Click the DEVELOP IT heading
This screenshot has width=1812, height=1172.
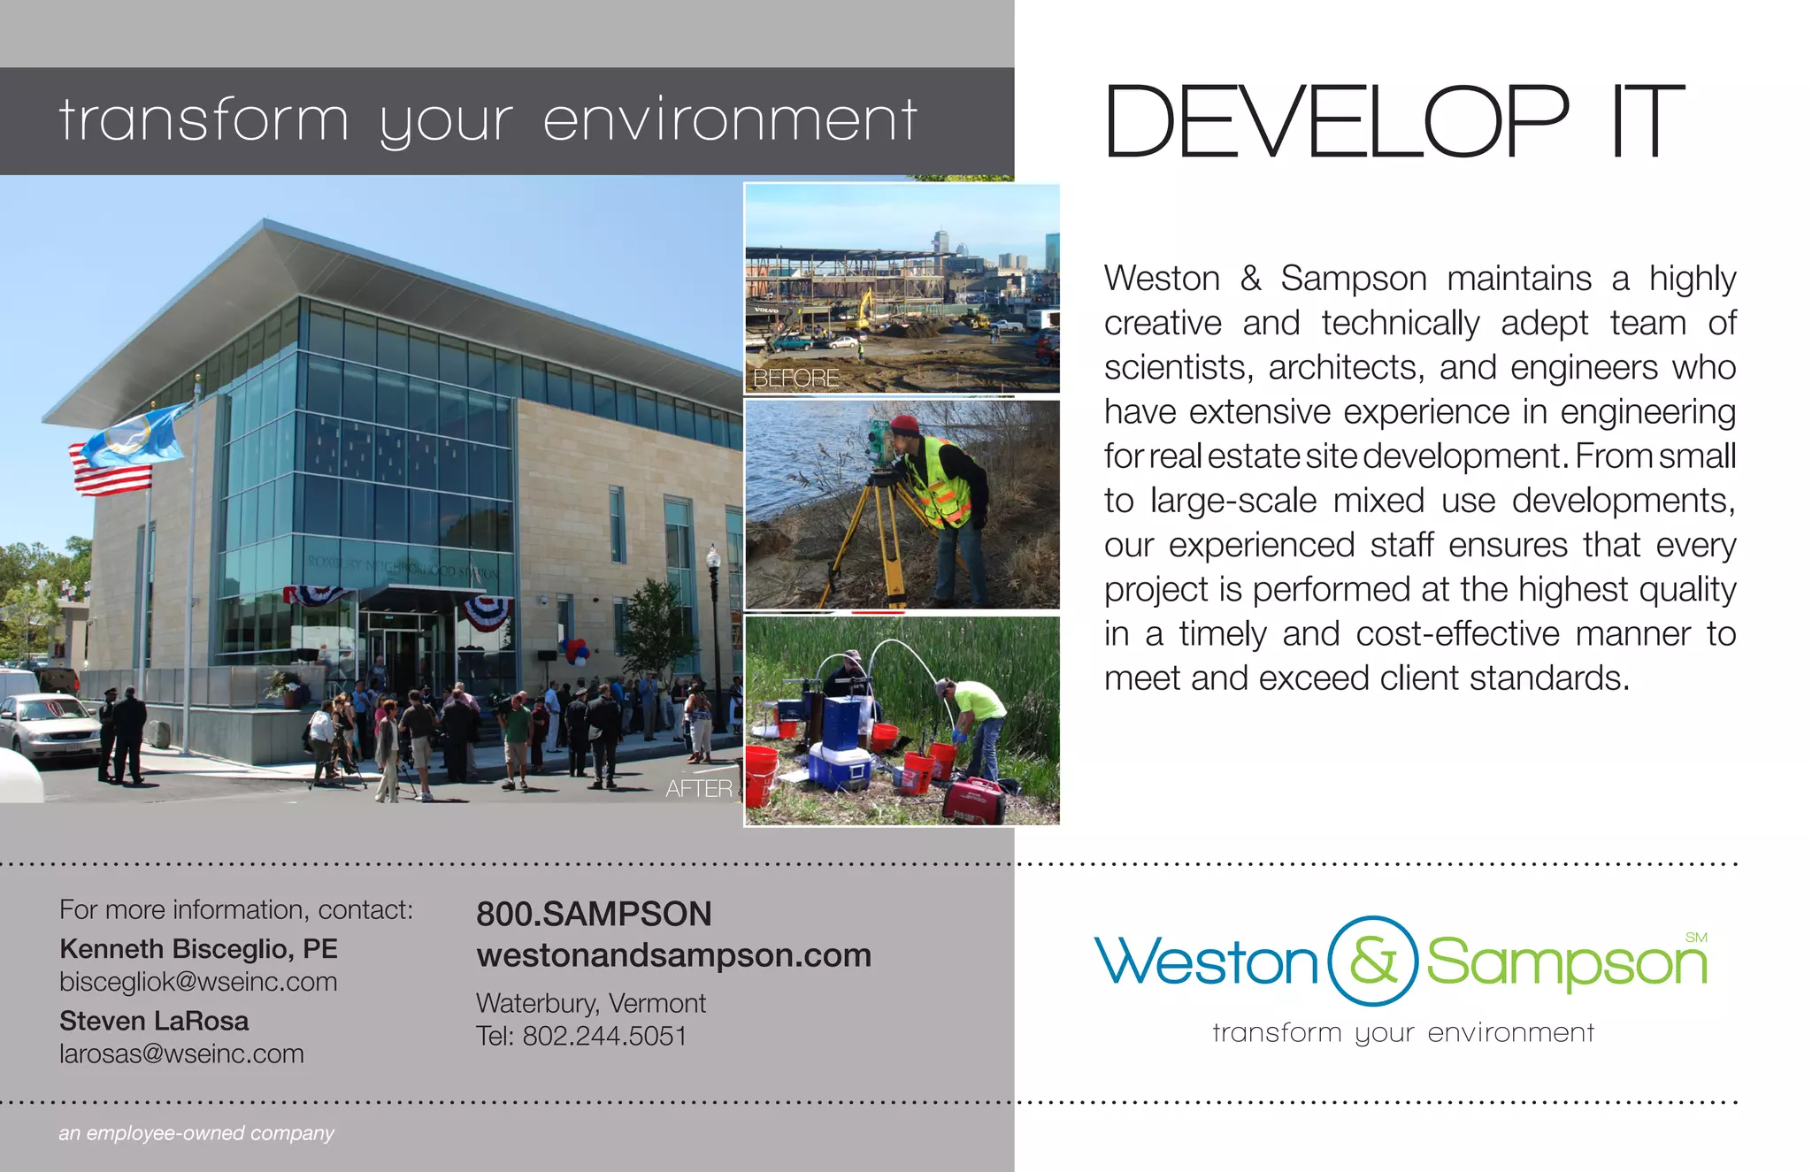coord(1394,122)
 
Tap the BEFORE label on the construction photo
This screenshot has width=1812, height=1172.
coord(795,379)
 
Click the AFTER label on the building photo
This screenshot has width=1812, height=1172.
coord(699,788)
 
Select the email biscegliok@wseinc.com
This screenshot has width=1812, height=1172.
coord(198,982)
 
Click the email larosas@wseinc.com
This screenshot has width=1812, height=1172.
coord(181,1054)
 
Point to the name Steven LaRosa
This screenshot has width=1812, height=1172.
coord(154,1021)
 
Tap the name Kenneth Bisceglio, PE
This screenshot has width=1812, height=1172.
coord(198,949)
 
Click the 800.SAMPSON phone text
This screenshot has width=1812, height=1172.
coord(594,915)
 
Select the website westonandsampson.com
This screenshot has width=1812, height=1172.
coord(673,955)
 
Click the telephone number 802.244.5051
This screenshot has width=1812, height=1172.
coord(604,1036)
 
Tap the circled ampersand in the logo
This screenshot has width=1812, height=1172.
coord(1373,961)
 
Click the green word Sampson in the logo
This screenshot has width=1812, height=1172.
coord(1566,964)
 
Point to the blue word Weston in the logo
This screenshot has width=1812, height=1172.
coord(1207,962)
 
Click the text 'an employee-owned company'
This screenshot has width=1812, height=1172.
coord(196,1133)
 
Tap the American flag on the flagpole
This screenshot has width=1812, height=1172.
coord(111,468)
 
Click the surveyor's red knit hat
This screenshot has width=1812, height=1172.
coord(904,425)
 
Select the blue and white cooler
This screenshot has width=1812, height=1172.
coord(840,766)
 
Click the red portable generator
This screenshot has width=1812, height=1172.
coord(974,800)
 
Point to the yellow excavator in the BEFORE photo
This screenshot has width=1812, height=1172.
coord(864,310)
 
